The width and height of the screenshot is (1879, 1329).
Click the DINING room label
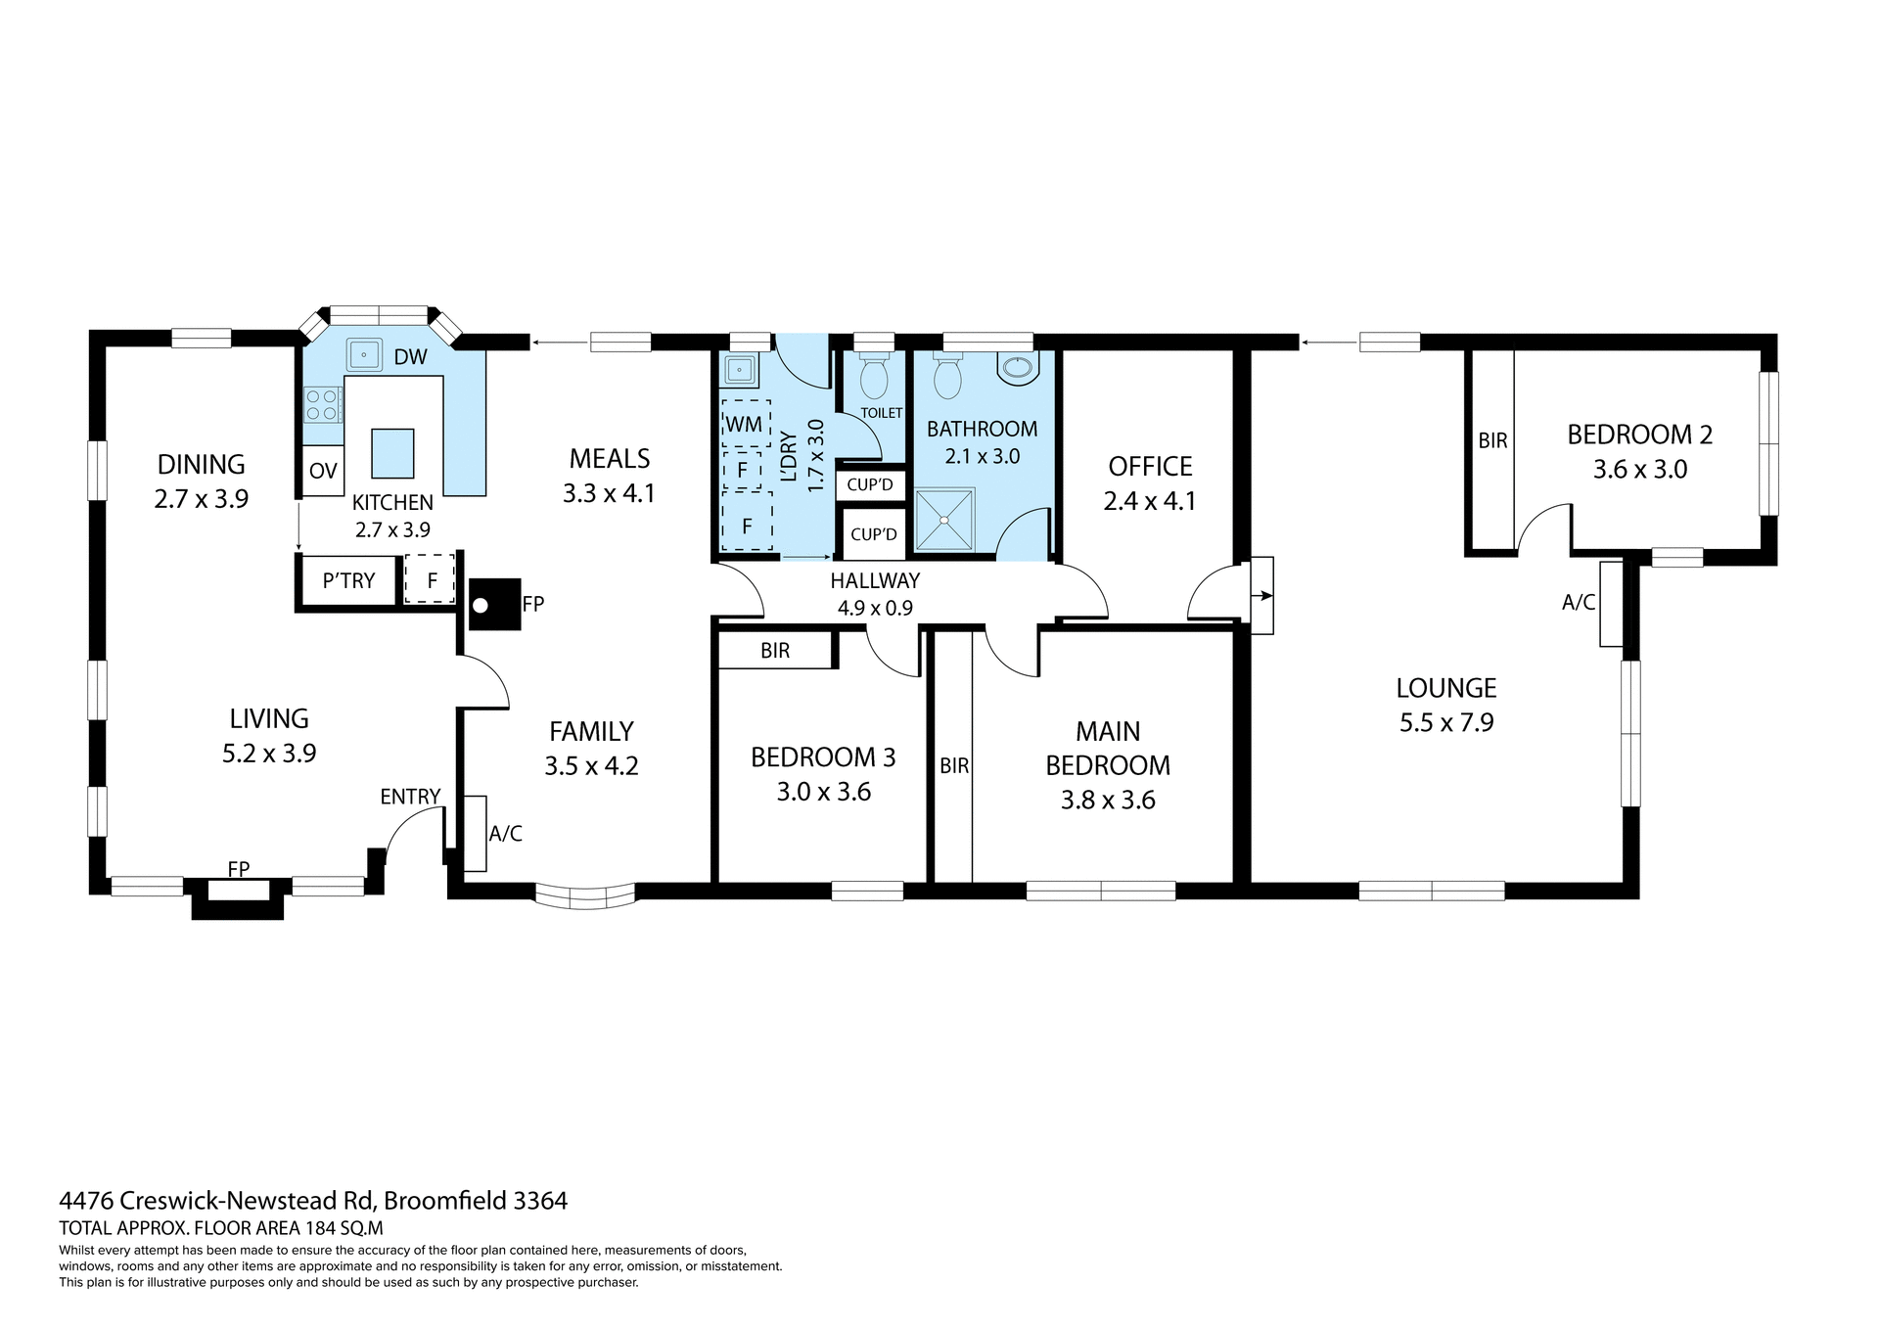[x=202, y=464]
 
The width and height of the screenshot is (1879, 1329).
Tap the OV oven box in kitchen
[x=323, y=471]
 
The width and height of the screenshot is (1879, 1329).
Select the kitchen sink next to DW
[x=364, y=354]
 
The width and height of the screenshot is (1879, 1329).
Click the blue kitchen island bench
[x=391, y=453]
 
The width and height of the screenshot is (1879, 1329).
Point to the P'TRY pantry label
[x=348, y=580]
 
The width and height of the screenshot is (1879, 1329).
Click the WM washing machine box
[x=745, y=424]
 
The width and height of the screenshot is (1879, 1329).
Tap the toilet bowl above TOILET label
[x=873, y=378]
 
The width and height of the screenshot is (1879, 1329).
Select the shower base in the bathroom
[x=944, y=520]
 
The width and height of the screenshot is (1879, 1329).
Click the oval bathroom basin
[x=1018, y=368]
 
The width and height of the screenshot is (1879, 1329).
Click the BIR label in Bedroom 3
[x=775, y=651]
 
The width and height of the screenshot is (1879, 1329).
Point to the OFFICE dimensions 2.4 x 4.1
[x=1150, y=501]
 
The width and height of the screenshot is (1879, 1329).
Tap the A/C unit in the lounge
[x=1611, y=604]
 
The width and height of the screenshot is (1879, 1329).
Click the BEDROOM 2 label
[x=1639, y=435]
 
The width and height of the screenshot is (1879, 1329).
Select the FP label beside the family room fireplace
[x=532, y=605]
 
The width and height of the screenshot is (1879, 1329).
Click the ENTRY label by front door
[x=410, y=797]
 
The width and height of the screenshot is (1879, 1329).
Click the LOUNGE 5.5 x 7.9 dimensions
[x=1446, y=723]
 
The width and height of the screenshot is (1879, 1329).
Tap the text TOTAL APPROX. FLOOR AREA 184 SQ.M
[x=221, y=1228]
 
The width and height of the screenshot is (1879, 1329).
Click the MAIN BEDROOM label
[x=1108, y=749]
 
